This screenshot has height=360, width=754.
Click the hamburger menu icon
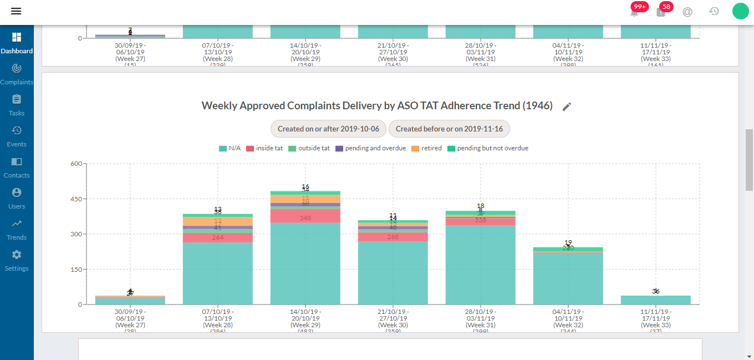pos(16,11)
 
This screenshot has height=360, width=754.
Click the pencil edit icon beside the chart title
pos(567,107)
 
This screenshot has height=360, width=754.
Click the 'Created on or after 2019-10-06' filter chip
pos(328,129)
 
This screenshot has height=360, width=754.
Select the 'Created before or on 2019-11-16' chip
pos(449,129)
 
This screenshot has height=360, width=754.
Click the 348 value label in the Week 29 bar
pos(305,218)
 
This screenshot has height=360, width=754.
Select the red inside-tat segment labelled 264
pos(218,238)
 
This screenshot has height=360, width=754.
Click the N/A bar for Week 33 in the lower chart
pos(656,300)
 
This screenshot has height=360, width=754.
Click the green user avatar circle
pos(740,11)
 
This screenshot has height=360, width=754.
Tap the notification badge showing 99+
pos(639,7)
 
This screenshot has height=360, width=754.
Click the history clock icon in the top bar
pos(714,11)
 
